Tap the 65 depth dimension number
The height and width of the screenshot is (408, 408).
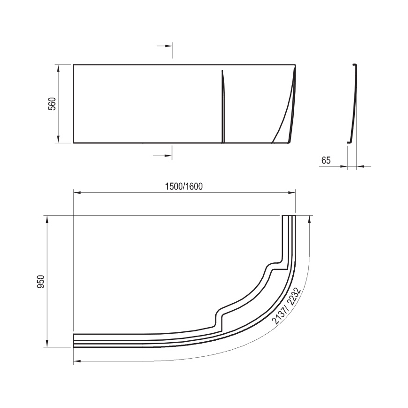click(326, 160)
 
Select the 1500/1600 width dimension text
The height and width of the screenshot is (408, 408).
click(183, 186)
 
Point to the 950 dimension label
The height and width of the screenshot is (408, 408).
click(41, 282)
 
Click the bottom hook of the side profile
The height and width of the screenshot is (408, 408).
click(349, 141)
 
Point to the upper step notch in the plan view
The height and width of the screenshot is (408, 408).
click(272, 266)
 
